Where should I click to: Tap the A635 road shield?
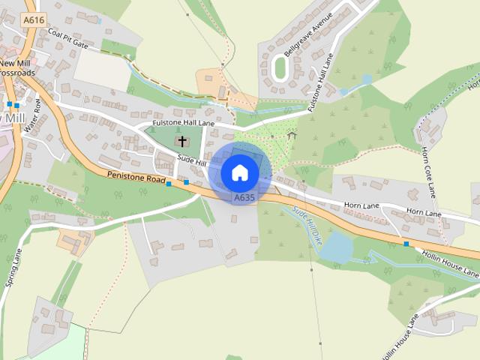[x=243, y=198]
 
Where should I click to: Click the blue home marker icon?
[x=240, y=172]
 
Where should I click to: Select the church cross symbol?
[x=182, y=141]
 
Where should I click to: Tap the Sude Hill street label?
[x=193, y=160]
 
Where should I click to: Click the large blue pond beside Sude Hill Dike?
[x=337, y=247]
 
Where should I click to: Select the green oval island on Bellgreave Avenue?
[x=281, y=68]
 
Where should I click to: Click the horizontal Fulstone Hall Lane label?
[x=183, y=122]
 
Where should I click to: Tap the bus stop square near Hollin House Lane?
[x=406, y=244]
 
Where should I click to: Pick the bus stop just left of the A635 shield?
[x=186, y=182]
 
